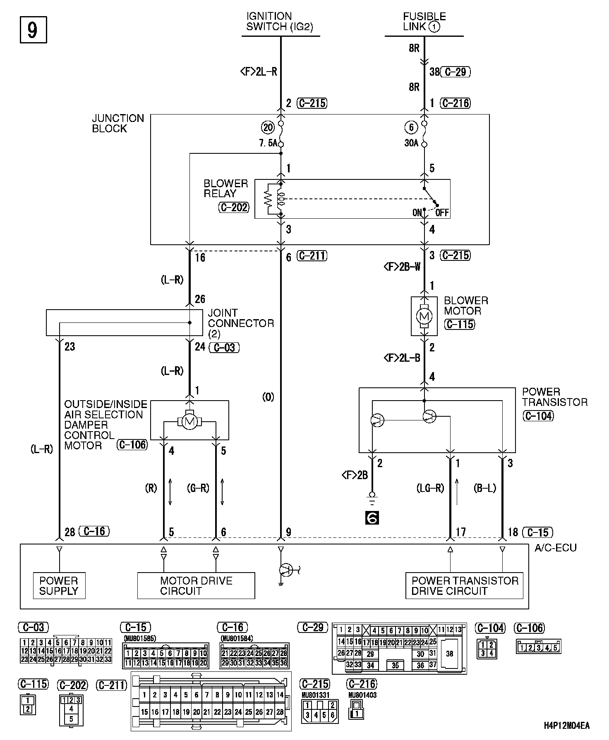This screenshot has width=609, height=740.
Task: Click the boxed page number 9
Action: (x=33, y=29)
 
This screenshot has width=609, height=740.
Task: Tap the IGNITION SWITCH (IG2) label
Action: (x=279, y=21)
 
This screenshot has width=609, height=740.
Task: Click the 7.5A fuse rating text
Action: (x=268, y=144)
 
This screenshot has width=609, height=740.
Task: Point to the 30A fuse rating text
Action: (x=411, y=144)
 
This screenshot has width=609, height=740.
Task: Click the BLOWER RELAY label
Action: (x=225, y=189)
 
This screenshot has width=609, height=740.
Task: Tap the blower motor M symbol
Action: (x=424, y=317)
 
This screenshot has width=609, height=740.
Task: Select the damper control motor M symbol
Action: (x=189, y=422)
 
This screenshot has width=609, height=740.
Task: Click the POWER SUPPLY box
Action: (x=59, y=585)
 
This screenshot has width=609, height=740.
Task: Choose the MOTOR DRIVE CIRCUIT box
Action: (x=196, y=585)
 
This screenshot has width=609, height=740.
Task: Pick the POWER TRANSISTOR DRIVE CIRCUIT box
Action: (x=464, y=585)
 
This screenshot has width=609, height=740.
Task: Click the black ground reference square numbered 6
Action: (x=372, y=518)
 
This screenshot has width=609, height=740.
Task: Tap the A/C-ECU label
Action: (x=555, y=547)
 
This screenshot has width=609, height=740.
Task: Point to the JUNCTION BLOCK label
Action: (x=117, y=123)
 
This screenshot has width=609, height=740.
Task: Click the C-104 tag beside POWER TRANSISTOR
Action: (x=538, y=415)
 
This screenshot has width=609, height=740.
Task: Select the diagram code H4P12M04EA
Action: (x=566, y=726)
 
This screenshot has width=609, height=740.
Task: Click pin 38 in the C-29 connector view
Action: (x=450, y=654)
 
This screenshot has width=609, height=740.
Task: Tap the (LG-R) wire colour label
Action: (x=430, y=488)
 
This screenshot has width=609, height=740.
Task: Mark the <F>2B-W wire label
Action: (x=402, y=267)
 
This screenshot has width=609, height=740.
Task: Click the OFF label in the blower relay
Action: (x=442, y=213)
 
